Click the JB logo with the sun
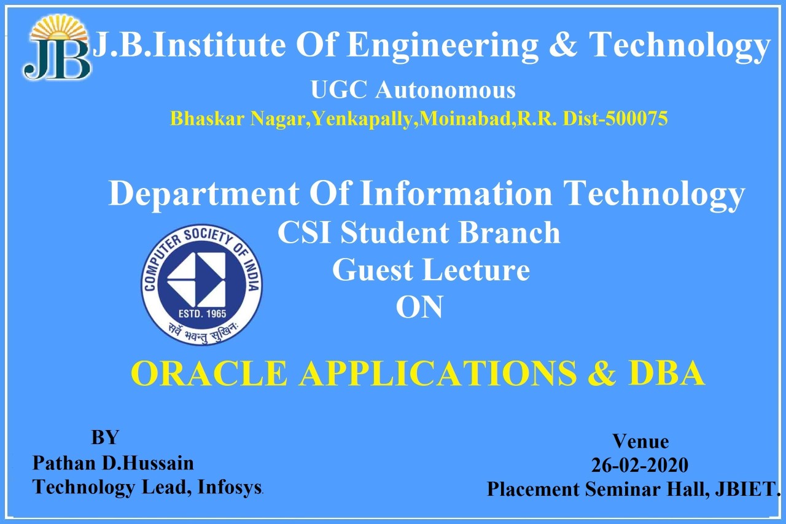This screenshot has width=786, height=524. click(x=56, y=48)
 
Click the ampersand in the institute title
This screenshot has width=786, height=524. click(x=563, y=44)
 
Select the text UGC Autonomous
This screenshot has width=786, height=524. click(x=413, y=90)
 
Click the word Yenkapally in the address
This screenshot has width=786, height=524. click(x=362, y=119)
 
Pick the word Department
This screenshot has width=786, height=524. click(x=204, y=194)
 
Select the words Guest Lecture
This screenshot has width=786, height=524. click(x=431, y=270)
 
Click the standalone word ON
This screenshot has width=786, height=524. click(x=419, y=307)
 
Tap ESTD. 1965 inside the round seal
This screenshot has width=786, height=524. click(x=202, y=314)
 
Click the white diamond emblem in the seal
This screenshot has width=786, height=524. click(x=196, y=280)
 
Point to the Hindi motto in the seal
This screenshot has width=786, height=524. click(x=202, y=333)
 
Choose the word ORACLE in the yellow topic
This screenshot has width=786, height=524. click(x=209, y=373)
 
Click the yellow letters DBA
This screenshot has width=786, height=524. click(x=666, y=373)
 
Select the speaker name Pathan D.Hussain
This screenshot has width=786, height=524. click(x=113, y=463)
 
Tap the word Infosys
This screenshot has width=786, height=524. click(x=230, y=488)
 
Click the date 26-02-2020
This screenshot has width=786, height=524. click(x=640, y=465)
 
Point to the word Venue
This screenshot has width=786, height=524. click(x=640, y=442)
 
